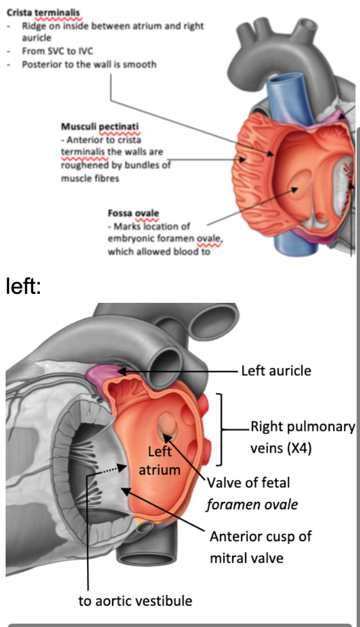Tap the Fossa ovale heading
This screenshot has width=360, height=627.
pyautogui.click(x=133, y=214)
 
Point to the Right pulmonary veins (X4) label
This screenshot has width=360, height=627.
pyautogui.click(x=302, y=437)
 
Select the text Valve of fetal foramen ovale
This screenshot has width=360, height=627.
pyautogui.click(x=252, y=493)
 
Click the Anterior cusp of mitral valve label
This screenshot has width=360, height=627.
pyautogui.click(x=252, y=547)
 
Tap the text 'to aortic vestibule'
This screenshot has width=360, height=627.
pyautogui.click(x=135, y=601)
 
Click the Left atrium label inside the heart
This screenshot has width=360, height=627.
pyautogui.click(x=159, y=460)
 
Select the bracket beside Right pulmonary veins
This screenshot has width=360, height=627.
pyautogui.click(x=220, y=430)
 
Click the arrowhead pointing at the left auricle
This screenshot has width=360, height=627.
pyautogui.click(x=121, y=371)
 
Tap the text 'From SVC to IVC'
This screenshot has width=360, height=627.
pyautogui.click(x=57, y=51)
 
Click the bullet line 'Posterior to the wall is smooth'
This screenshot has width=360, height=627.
pyautogui.click(x=89, y=64)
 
